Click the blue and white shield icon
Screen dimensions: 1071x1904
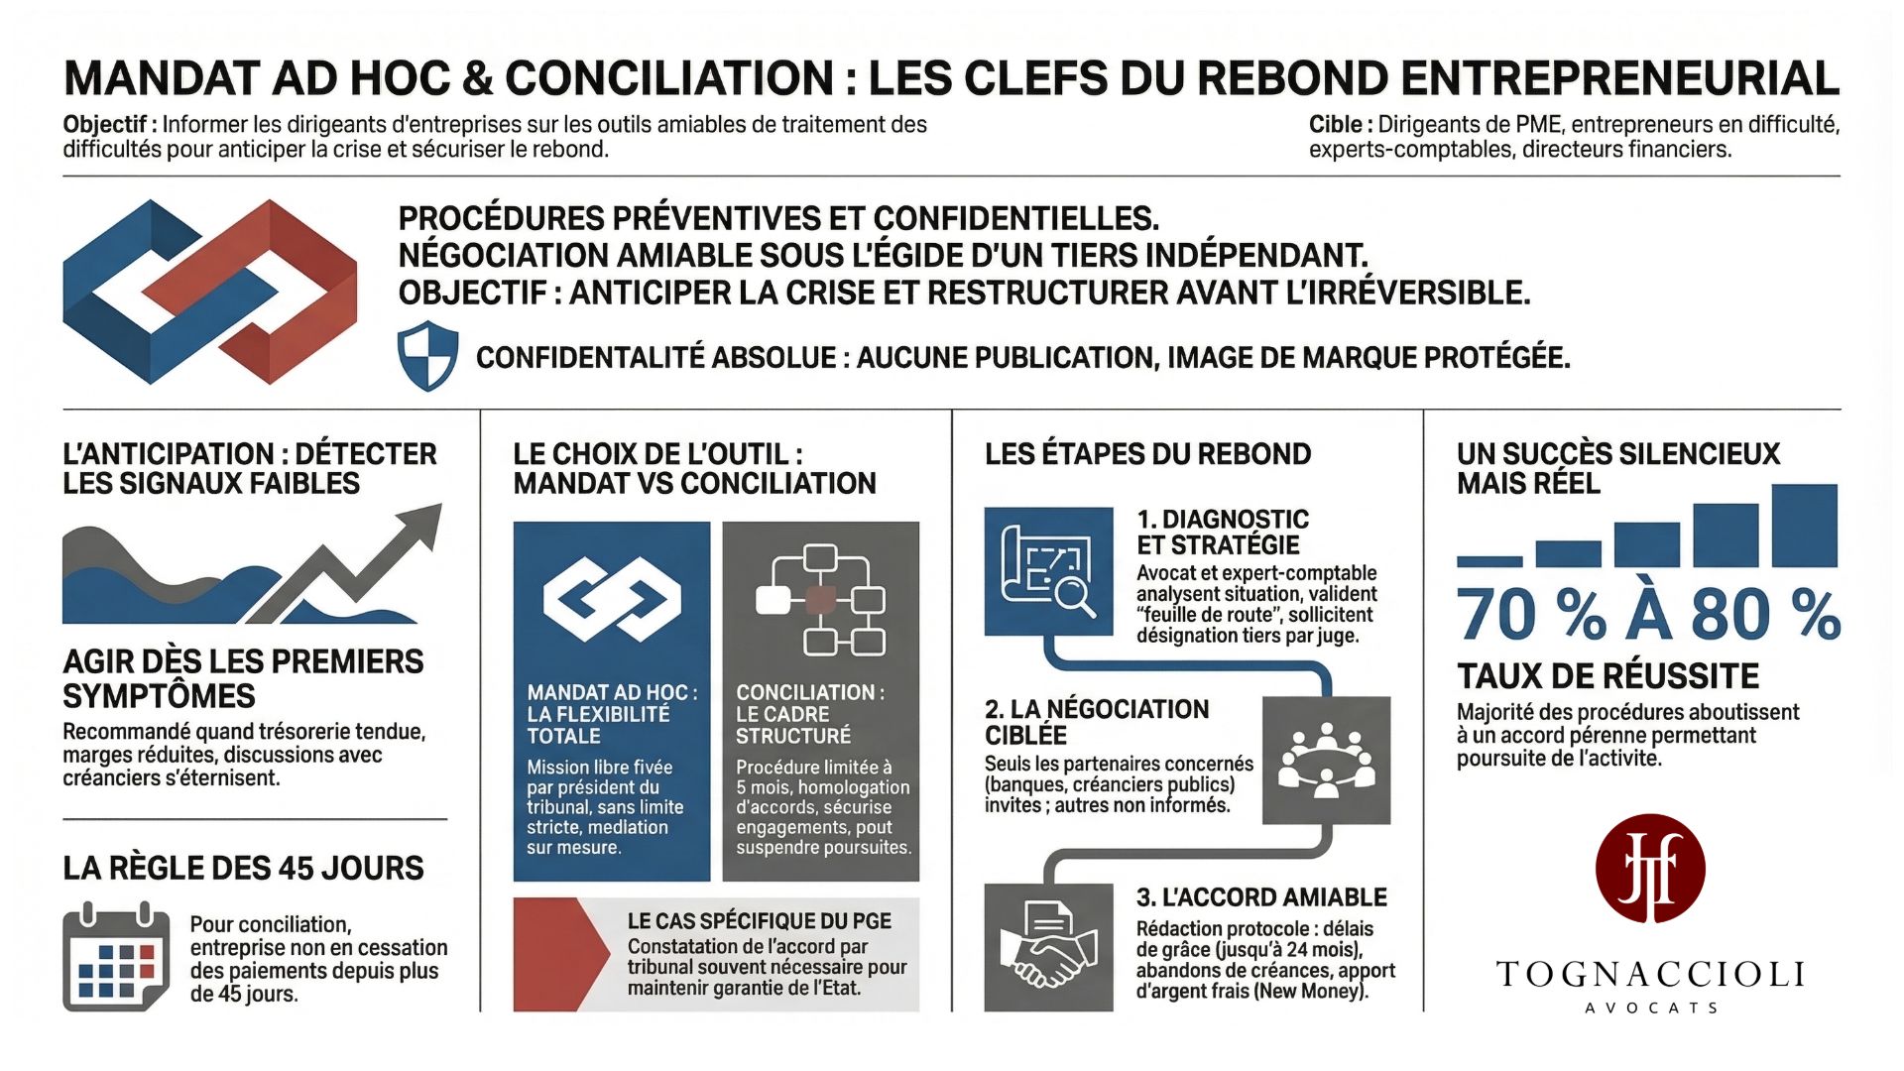[x=427, y=355]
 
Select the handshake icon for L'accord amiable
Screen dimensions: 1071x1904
[x=1048, y=947]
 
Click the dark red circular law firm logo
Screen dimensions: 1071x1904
[x=1650, y=869]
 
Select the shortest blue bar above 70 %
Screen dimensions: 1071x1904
[x=1488, y=561]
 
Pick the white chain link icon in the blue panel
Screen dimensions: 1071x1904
[x=612, y=598]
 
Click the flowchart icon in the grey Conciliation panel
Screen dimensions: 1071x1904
[x=820, y=600]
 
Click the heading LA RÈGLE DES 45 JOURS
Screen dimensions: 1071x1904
[x=243, y=869]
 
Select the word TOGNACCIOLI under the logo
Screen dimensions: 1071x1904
[x=1650, y=975]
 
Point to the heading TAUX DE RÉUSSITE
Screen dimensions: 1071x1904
[x=1607, y=676]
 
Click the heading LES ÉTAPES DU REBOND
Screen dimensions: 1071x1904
[x=1147, y=454]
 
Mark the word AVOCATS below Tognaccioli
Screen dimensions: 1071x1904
[x=1650, y=1008]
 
